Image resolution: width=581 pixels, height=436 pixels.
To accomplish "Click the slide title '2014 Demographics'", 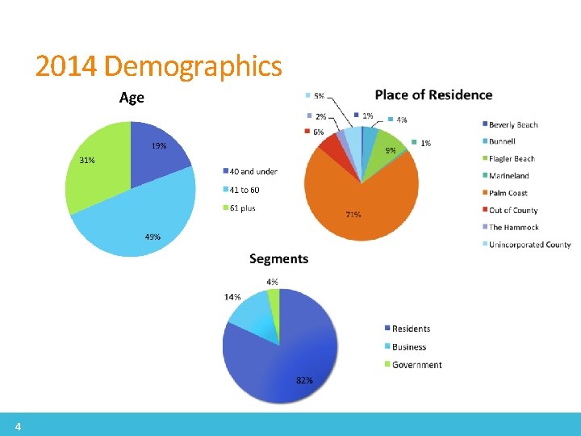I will pos(158,66).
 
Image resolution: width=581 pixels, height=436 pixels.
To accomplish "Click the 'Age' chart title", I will pos(132,98).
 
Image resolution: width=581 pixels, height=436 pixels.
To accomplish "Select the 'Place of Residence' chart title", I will pos(433,94).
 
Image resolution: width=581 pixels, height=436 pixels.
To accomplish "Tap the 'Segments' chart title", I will pos(278,258).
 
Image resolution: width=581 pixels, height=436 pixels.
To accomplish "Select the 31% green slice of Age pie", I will pos(97,174).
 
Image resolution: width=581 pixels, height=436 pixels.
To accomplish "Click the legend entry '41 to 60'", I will pos(244,190).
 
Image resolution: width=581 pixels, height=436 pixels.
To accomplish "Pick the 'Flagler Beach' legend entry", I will pos(512,159).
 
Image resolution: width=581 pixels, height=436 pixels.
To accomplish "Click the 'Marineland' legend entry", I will pos(508,176).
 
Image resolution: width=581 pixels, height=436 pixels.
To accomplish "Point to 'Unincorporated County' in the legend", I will pos(529,245).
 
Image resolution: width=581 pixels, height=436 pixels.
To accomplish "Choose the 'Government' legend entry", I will pos(416,365).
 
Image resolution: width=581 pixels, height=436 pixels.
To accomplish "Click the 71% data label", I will pos(353,215).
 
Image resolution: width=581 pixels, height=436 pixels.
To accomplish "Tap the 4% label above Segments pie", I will pos(273,282).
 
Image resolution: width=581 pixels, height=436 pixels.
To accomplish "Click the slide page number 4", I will pos(17,426).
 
